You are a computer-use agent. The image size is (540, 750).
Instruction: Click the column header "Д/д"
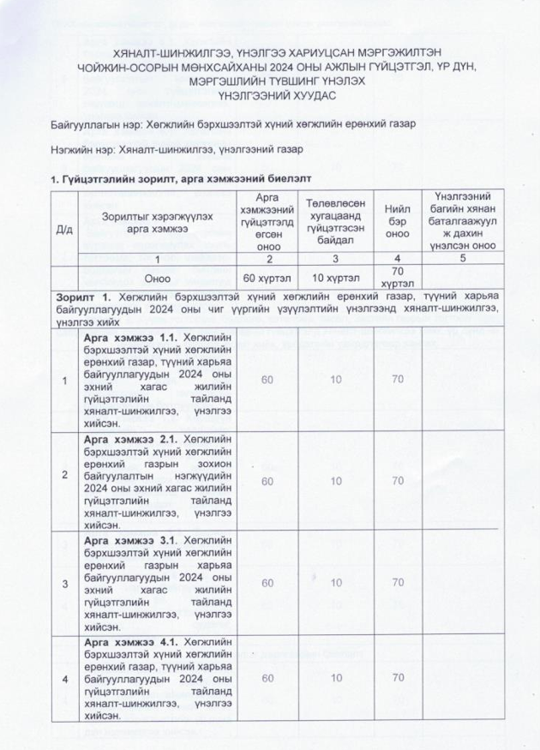[64, 229]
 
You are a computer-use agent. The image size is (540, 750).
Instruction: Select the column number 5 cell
[464, 258]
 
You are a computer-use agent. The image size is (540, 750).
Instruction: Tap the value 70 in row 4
[397, 678]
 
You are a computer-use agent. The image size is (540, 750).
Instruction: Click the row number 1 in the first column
[63, 381]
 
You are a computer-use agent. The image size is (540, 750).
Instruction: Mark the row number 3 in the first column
[63, 583]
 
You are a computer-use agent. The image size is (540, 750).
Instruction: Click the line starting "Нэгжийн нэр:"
[175, 151]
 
